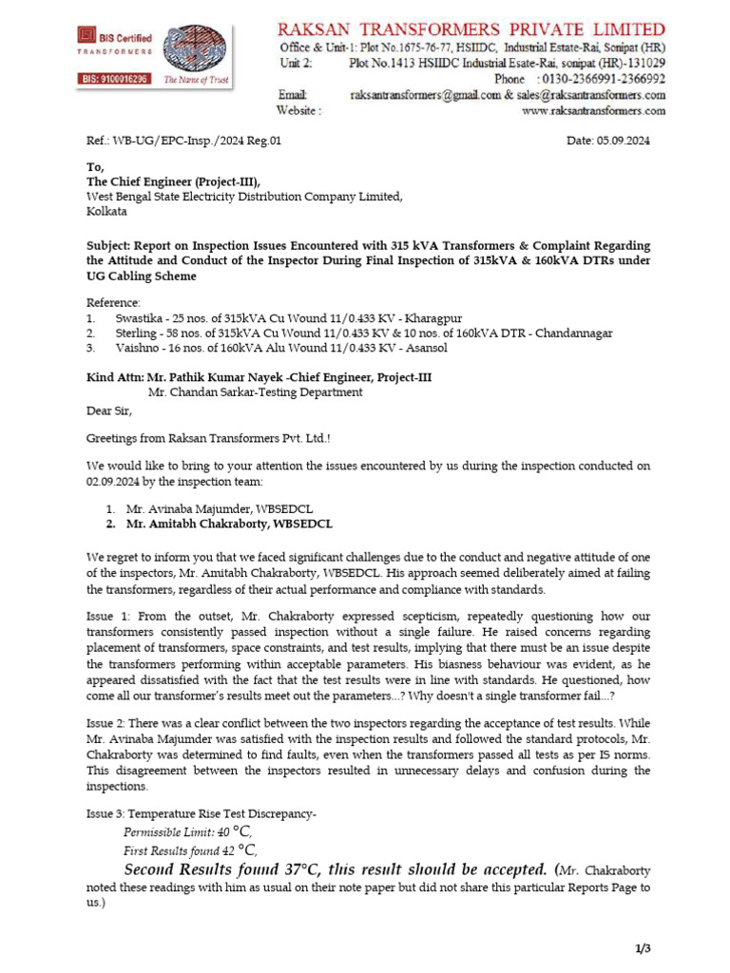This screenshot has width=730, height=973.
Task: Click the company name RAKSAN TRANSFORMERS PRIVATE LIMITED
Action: [471, 29]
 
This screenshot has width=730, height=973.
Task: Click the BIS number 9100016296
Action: [112, 80]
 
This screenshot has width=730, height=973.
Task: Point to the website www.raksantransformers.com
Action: [594, 111]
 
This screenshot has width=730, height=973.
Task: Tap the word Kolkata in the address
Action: [106, 212]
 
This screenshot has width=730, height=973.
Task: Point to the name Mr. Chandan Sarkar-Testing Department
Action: [255, 391]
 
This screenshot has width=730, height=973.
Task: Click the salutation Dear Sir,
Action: [110, 411]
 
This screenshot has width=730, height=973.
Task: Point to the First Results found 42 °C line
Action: [190, 850]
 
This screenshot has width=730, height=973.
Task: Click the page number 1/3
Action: [643, 948]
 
